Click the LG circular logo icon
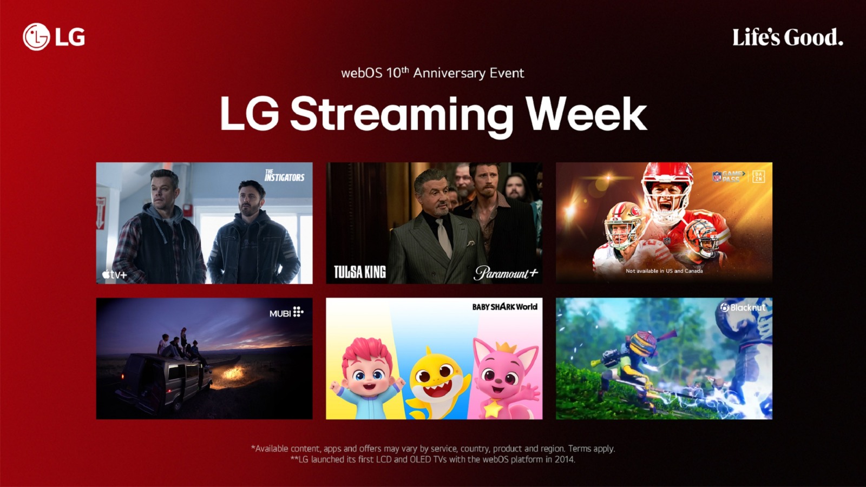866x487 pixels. tap(36, 37)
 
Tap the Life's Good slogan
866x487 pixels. tap(788, 37)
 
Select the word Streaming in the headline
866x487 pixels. tap(402, 115)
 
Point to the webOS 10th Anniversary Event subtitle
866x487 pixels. tap(432, 73)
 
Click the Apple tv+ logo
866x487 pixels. tap(115, 274)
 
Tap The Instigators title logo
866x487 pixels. tap(284, 175)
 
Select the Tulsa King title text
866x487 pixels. tap(359, 272)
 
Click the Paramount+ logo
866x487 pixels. tap(506, 273)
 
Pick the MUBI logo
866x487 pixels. tap(286, 313)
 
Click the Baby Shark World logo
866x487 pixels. tap(504, 307)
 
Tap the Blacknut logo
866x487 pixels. tap(743, 307)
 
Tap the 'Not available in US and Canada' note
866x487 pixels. tap(664, 271)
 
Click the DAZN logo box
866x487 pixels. tap(758, 176)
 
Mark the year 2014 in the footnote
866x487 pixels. tap(565, 459)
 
